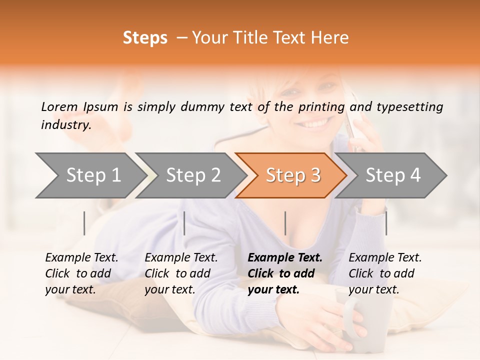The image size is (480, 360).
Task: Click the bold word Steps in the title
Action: [x=145, y=38]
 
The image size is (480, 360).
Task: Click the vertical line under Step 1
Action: [x=84, y=223]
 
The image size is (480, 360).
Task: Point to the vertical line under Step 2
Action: [x=184, y=223]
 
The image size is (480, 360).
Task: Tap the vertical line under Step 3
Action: [x=285, y=223]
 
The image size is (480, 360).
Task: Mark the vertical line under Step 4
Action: [x=386, y=223]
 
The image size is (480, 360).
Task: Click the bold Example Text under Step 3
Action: [x=285, y=273]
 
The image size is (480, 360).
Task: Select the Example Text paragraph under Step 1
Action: [x=81, y=273]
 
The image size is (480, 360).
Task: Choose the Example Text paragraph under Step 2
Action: [x=181, y=273]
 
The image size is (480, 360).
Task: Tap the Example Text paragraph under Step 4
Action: [x=385, y=273]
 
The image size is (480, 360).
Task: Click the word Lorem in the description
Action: [x=59, y=106]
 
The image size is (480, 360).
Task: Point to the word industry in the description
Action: [x=65, y=125]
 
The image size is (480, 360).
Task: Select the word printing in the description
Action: [x=321, y=107]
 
